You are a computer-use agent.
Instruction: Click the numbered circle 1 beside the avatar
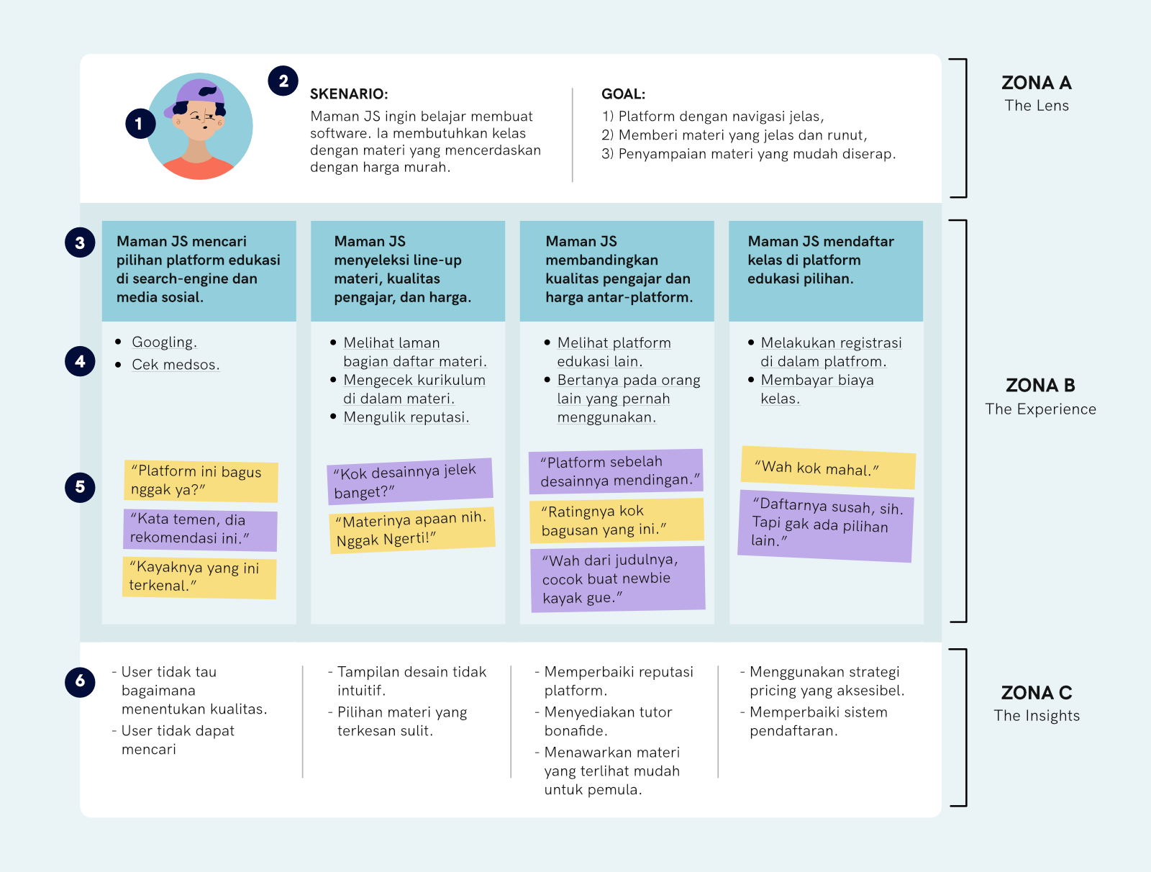(140, 124)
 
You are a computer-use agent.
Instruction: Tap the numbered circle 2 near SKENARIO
(283, 81)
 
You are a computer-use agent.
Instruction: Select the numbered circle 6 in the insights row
(80, 681)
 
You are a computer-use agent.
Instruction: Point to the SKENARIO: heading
(349, 94)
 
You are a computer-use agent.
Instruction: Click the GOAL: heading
(623, 94)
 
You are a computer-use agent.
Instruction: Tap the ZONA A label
(1036, 83)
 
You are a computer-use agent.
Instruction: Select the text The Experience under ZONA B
(1040, 409)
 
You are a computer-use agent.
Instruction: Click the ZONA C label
(1036, 693)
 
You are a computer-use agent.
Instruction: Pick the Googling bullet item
(164, 342)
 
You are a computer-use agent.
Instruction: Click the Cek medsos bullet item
(175, 365)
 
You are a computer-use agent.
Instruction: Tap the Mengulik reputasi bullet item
(406, 417)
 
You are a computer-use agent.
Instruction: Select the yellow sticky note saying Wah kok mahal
(828, 468)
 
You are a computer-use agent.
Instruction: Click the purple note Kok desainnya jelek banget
(409, 481)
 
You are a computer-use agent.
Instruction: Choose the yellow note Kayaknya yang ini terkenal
(199, 577)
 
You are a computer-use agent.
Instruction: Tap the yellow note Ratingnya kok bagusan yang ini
(616, 520)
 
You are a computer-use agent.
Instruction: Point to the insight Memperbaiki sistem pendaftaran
(818, 722)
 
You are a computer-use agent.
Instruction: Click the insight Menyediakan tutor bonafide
(607, 722)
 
